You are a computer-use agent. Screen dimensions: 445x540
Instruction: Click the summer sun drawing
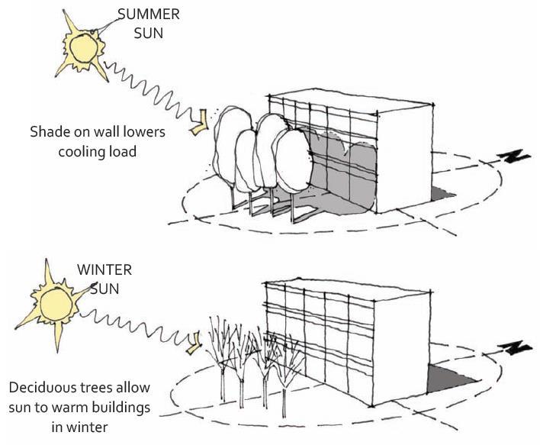coord(83,47)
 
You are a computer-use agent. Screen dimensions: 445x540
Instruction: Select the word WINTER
coord(104,270)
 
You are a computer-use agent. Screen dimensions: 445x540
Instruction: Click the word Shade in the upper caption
coord(51,132)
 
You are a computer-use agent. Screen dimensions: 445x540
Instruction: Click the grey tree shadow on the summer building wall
coord(347,168)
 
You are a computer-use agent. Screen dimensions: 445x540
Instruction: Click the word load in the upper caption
coord(124,151)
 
